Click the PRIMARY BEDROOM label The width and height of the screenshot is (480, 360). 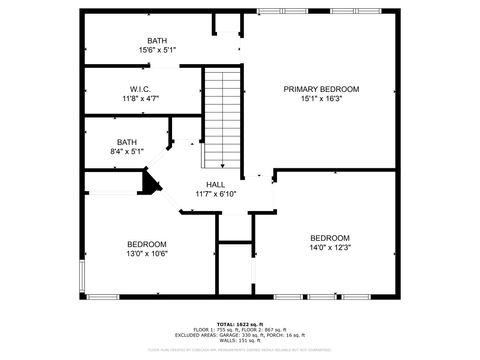pyautogui.click(x=320, y=89)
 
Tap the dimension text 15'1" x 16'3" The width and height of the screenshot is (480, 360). pyautogui.click(x=320, y=99)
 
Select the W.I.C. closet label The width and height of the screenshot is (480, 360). pyautogui.click(x=139, y=89)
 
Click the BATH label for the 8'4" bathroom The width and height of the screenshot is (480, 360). pyautogui.click(x=126, y=142)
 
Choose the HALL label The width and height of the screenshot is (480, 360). pyautogui.click(x=215, y=185)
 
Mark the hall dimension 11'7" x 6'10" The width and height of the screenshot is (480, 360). pyautogui.click(x=215, y=194)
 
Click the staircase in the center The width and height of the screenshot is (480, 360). pyautogui.click(x=223, y=118)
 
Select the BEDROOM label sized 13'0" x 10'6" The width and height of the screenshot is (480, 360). pyautogui.click(x=146, y=244)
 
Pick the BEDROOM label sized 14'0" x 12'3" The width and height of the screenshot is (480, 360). pyautogui.click(x=329, y=237)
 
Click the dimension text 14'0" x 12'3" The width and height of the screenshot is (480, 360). pyautogui.click(x=329, y=247)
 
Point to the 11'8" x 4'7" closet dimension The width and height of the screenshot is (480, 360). pyautogui.click(x=139, y=99)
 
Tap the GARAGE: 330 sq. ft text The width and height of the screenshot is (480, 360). pyautogui.click(x=223, y=335)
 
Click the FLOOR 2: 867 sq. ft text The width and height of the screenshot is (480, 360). pyautogui.click(x=263, y=330)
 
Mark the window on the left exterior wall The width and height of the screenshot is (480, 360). pyautogui.click(x=83, y=274)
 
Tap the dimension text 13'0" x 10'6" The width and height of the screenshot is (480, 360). pyautogui.click(x=146, y=254)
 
